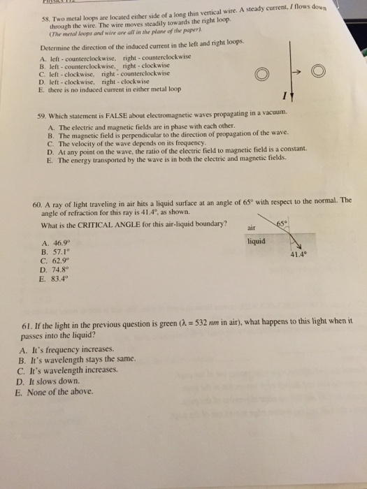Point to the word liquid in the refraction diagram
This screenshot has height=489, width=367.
coord(255,239)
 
